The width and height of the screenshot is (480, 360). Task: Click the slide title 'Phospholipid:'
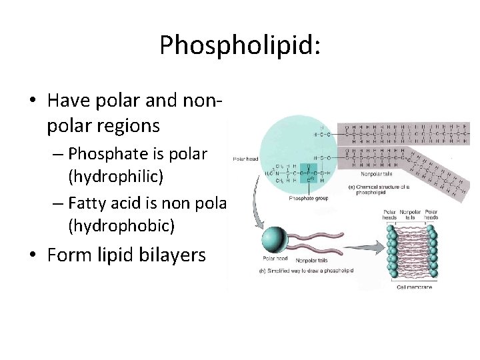click(x=240, y=45)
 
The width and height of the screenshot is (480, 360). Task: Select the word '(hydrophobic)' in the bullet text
click(x=121, y=226)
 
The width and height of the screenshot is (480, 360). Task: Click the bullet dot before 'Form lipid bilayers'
click(x=32, y=256)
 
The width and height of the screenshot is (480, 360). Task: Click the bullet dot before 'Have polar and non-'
click(x=32, y=101)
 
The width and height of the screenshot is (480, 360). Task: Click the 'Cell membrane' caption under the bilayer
click(x=415, y=287)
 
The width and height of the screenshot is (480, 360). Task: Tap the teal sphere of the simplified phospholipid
click(x=273, y=239)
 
